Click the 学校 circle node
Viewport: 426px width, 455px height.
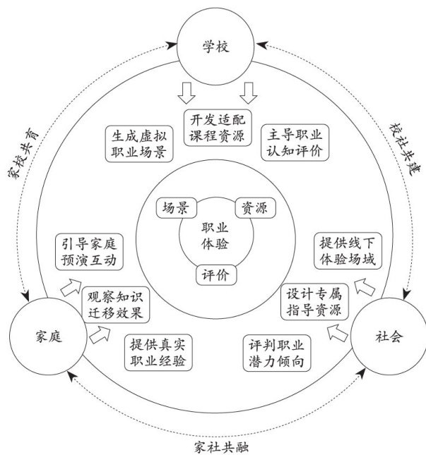point(215,47)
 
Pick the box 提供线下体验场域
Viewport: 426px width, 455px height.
point(348,252)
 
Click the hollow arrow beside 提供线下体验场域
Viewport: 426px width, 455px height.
point(365,287)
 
